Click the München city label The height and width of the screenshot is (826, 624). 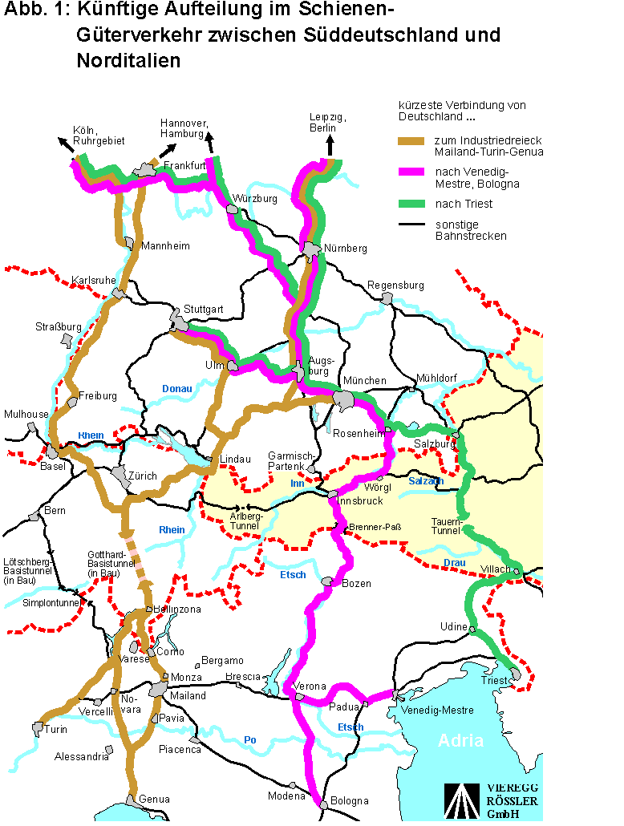coord(364,380)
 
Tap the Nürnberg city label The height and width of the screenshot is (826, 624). coord(346,249)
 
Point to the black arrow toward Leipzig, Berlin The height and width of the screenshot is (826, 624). coord(329,146)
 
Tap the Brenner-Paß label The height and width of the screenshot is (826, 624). coord(375,528)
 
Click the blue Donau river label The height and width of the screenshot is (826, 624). coord(177,389)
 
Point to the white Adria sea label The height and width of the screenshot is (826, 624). coord(460,740)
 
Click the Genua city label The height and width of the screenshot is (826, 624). coord(155,800)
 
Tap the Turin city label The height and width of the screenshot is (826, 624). coord(56,730)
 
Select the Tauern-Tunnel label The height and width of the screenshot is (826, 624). coord(445,525)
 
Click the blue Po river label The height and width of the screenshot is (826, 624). coord(250,740)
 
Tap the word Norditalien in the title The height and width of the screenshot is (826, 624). coord(129,61)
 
